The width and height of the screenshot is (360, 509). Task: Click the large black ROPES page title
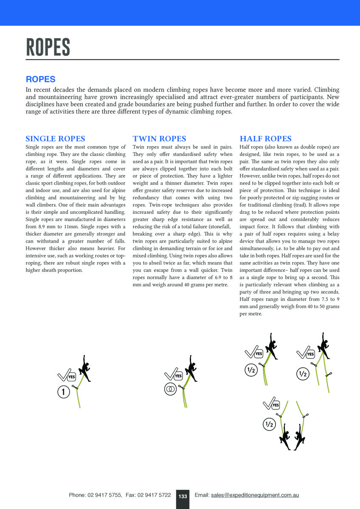click(x=48, y=47)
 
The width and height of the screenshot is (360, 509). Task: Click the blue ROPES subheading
click(x=41, y=79)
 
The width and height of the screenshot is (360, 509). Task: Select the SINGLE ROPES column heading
click(x=55, y=139)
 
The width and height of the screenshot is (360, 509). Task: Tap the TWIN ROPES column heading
click(x=159, y=139)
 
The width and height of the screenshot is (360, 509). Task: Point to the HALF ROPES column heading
click(x=265, y=139)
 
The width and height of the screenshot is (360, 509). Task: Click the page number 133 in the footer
click(x=183, y=496)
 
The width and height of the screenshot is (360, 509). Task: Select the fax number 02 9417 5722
click(x=154, y=495)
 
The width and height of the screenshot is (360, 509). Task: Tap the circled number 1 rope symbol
click(x=63, y=392)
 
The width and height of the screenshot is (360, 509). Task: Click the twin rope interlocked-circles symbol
click(x=170, y=389)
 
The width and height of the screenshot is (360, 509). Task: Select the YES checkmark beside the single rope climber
click(x=66, y=375)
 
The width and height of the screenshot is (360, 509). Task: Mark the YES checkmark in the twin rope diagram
click(x=173, y=374)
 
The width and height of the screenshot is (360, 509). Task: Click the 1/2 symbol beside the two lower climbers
click(x=269, y=424)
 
